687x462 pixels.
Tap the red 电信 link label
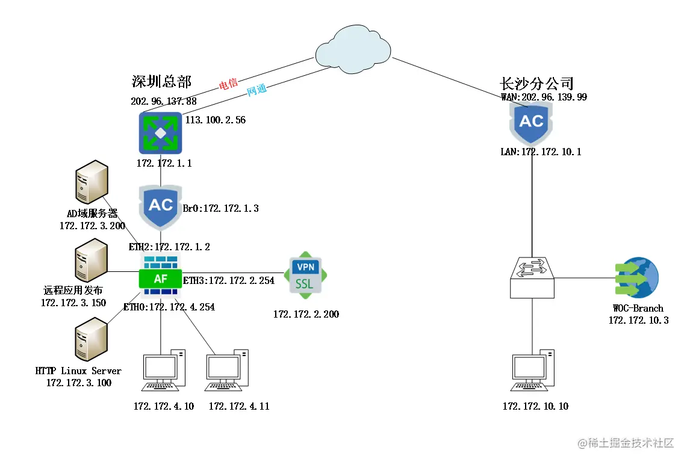pyautogui.click(x=228, y=84)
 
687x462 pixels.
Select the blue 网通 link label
pyautogui.click(x=257, y=91)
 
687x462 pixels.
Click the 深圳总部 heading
pyautogui.click(x=161, y=82)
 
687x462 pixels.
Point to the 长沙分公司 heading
pyautogui.click(x=536, y=83)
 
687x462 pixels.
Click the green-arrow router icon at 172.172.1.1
pyautogui.click(x=160, y=132)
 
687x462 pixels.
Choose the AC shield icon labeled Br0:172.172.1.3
pyautogui.click(x=160, y=206)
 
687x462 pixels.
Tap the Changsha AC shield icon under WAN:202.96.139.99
pyautogui.click(x=531, y=123)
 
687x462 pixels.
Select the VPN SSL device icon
pyautogui.click(x=305, y=274)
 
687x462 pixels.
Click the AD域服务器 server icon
pyautogui.click(x=92, y=183)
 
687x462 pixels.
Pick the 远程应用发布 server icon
pyautogui.click(x=92, y=260)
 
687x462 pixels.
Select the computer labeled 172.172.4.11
pyautogui.click(x=227, y=373)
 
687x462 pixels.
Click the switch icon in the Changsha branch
pyautogui.click(x=532, y=277)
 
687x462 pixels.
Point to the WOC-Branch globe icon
pyautogui.click(x=637, y=278)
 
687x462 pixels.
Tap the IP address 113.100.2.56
pyautogui.click(x=216, y=120)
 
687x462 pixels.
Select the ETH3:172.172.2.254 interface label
pyautogui.click(x=228, y=280)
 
